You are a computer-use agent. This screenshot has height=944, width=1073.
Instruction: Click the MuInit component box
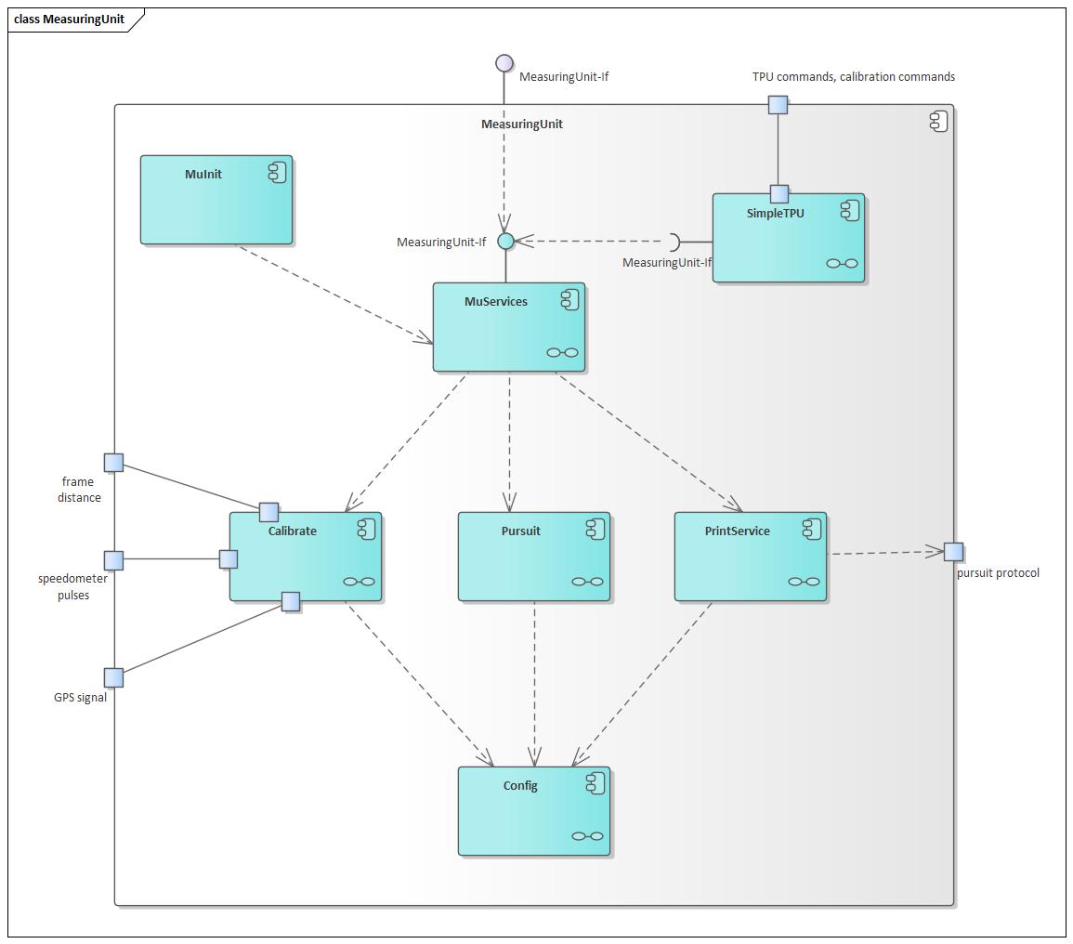tap(216, 199)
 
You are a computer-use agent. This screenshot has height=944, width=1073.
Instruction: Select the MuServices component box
tap(509, 327)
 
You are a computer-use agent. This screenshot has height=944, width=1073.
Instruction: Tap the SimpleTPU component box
tap(789, 238)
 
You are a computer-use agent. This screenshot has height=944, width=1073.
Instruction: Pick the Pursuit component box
tap(534, 557)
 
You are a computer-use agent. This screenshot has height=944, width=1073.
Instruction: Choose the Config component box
tap(534, 811)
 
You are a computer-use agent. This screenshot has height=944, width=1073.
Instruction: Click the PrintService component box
tap(751, 557)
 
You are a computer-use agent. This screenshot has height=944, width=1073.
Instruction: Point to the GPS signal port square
tap(113, 677)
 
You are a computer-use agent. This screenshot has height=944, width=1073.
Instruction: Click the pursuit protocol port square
tap(953, 551)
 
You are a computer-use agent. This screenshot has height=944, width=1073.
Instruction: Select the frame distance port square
tap(113, 463)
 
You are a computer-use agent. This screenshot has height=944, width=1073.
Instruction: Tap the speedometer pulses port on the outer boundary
tap(113, 560)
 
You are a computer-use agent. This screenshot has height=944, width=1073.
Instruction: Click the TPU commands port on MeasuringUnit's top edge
tap(779, 105)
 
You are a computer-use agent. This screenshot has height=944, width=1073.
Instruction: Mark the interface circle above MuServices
tap(505, 241)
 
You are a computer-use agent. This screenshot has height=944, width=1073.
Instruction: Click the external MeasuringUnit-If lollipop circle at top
tap(504, 63)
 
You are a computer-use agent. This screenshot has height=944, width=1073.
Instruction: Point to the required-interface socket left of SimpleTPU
tap(677, 242)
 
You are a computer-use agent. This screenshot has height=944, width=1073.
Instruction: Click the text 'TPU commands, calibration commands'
tap(854, 77)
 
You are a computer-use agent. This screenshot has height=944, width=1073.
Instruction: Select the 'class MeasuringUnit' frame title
tap(69, 20)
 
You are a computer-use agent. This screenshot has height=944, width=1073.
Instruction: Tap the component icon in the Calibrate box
tap(367, 530)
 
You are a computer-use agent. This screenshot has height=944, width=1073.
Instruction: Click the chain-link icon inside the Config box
tap(587, 836)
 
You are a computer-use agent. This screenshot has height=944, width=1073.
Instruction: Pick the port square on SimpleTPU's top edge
tap(779, 194)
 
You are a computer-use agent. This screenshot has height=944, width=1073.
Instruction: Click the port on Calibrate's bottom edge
tap(291, 602)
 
